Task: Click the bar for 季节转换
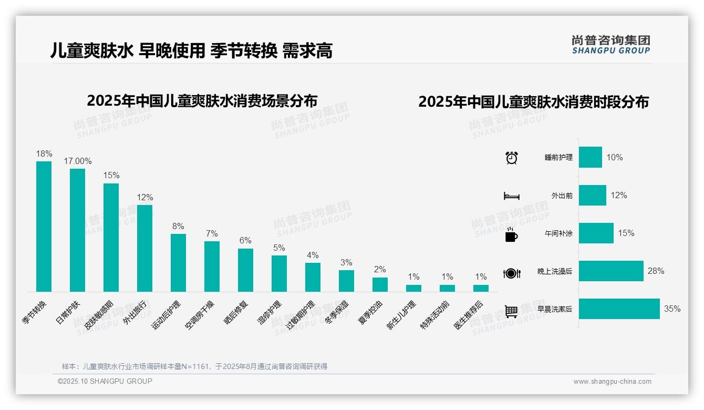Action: (x=44, y=226)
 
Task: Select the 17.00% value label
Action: (x=78, y=161)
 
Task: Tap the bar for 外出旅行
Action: (x=144, y=248)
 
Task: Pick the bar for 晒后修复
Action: (x=245, y=270)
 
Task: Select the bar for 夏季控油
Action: (x=380, y=284)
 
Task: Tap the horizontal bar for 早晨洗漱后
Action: (x=619, y=309)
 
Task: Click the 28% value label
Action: (x=656, y=271)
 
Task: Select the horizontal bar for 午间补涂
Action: (x=596, y=233)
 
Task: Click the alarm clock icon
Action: (x=511, y=158)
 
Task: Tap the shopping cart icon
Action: (x=511, y=311)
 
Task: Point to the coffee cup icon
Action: (x=511, y=235)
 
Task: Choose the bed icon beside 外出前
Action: (x=511, y=196)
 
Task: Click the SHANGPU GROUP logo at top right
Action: (x=610, y=45)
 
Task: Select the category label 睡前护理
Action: (x=558, y=158)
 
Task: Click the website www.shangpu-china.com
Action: (x=612, y=382)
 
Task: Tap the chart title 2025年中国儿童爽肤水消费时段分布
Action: (x=533, y=101)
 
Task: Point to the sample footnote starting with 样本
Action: (x=194, y=366)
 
